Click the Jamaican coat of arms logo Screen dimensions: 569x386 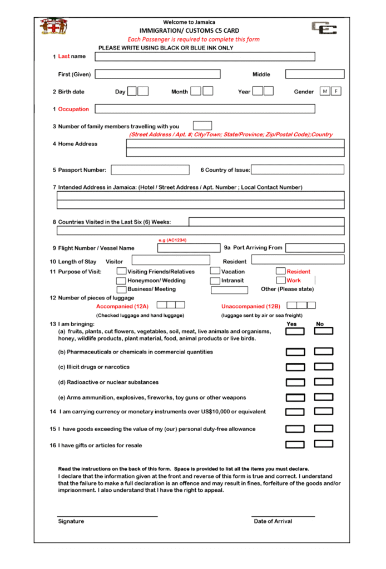click(x=54, y=26)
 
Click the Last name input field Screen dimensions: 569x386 click(x=205, y=57)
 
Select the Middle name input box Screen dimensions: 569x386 click(x=314, y=74)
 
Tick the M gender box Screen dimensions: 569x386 click(x=325, y=91)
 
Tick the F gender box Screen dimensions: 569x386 click(x=336, y=91)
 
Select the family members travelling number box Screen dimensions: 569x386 click(x=202, y=126)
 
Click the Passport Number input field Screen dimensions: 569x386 click(x=150, y=170)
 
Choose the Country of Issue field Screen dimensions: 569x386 click(x=298, y=170)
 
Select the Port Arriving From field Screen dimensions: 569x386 click(x=315, y=248)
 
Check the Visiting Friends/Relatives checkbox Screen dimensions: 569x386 click(x=121, y=271)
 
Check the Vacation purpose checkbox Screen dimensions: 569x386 click(x=215, y=271)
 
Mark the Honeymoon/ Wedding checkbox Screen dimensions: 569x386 click(x=121, y=281)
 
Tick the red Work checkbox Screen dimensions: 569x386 click(x=281, y=281)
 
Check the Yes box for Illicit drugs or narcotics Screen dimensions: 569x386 click(x=295, y=367)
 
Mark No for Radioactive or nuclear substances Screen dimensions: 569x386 click(x=324, y=382)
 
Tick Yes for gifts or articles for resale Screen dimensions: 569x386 click(x=295, y=445)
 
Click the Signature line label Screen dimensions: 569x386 click(x=71, y=521)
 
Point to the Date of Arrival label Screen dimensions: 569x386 click(x=273, y=521)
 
